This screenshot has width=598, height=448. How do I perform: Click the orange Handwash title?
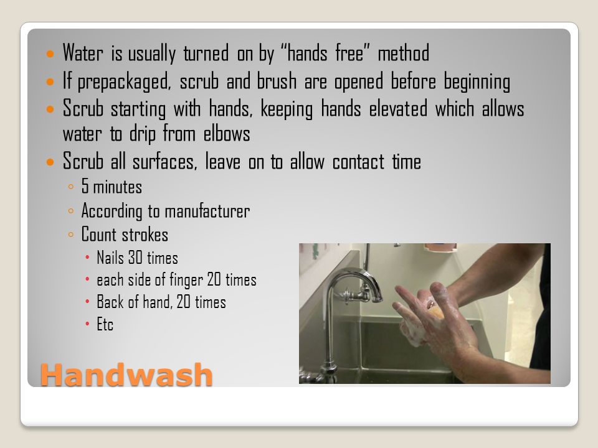pyautogui.click(x=126, y=375)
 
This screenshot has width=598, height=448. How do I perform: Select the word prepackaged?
pyautogui.click(x=125, y=82)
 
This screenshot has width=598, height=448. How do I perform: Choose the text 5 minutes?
pyautogui.click(x=112, y=187)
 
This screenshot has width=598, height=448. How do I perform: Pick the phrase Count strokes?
pyautogui.click(x=125, y=235)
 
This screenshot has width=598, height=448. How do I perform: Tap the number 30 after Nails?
pyautogui.click(x=135, y=258)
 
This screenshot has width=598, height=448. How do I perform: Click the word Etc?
pyautogui.click(x=105, y=325)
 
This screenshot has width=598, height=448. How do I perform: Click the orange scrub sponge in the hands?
pyautogui.click(x=435, y=310)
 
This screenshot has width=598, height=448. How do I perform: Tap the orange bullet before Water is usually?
pyautogui.click(x=50, y=54)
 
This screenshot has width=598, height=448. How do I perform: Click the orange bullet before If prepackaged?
pyautogui.click(x=50, y=82)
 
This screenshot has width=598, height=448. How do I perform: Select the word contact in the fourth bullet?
pyautogui.click(x=358, y=162)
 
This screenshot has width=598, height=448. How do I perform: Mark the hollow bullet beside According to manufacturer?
pyautogui.click(x=70, y=211)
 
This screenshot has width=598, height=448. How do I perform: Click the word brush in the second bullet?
pyautogui.click(x=277, y=81)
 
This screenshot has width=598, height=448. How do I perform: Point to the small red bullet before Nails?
pyautogui.click(x=87, y=258)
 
